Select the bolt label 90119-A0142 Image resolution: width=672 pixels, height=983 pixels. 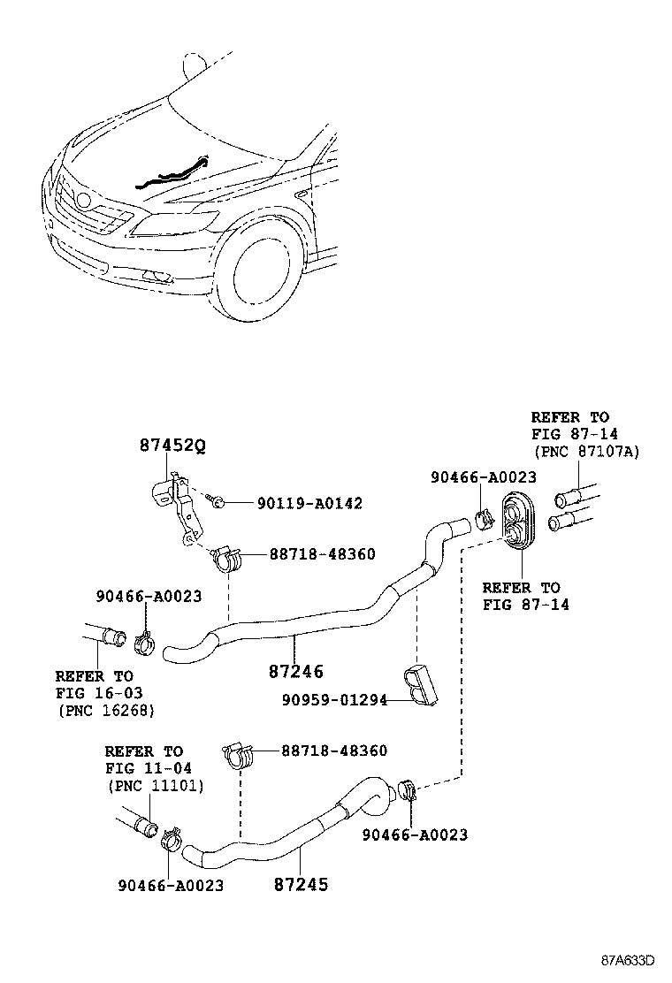(309, 503)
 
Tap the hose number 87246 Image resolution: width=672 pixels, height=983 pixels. (296, 672)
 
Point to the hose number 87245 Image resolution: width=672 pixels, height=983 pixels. (301, 884)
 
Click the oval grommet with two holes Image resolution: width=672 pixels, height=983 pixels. (515, 522)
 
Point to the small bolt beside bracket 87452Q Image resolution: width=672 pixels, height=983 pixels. (216, 501)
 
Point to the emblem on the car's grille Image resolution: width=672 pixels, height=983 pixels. (84, 201)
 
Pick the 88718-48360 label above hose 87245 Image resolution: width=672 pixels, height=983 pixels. (334, 751)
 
